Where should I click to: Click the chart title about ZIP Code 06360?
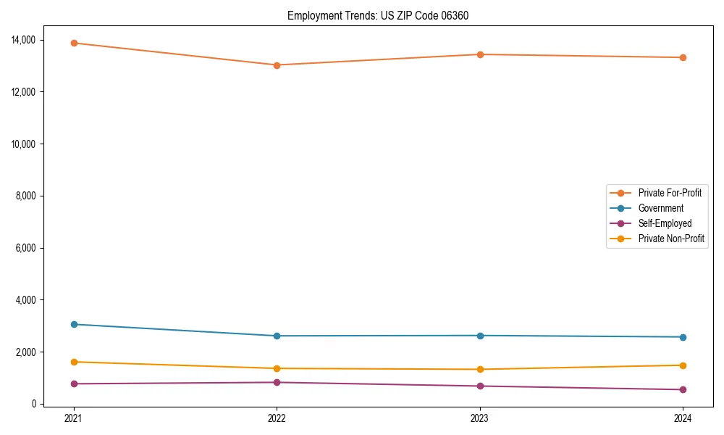pos(378,15)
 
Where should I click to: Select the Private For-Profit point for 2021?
pos(74,43)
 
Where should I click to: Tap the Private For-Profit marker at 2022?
pos(277,65)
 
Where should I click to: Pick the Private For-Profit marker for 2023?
pos(479,54)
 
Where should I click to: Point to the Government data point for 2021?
pos(74,324)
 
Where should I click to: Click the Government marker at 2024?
pos(683,337)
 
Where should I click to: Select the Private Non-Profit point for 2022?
pos(277,368)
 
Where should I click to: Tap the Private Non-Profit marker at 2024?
pos(683,365)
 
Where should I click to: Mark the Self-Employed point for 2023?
pos(479,386)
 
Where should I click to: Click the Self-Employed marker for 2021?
pos(74,384)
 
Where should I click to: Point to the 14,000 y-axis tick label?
pos(25,40)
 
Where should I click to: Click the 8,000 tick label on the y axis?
pos(27,196)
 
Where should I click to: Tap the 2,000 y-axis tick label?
pos(27,352)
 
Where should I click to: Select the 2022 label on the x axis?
pos(277,418)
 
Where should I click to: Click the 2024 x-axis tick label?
pos(683,418)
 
